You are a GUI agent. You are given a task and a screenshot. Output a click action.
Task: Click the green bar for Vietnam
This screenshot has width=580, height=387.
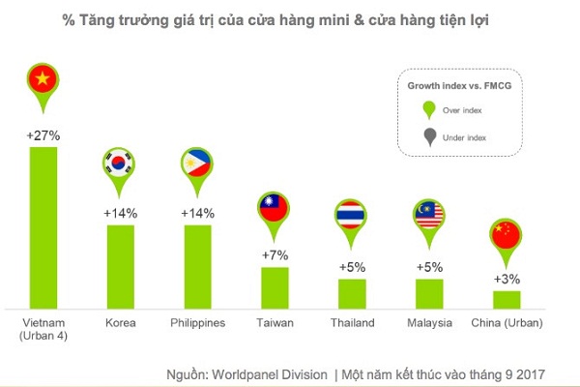tap(43, 227)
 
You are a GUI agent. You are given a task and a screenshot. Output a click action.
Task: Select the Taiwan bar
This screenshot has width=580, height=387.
tap(275, 287)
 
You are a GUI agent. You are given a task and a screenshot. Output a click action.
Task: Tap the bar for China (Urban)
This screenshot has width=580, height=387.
tap(507, 299)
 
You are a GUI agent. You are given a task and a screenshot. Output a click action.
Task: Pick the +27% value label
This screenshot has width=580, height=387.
tap(43, 136)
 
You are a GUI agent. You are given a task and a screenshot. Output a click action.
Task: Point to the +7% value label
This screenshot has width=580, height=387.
tap(275, 254)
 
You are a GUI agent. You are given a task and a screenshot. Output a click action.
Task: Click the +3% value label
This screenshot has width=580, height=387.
tap(507, 279)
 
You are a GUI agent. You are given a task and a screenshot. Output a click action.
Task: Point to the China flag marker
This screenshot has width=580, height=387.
tap(507, 236)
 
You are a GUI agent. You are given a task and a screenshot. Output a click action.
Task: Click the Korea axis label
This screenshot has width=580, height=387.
tap(120, 322)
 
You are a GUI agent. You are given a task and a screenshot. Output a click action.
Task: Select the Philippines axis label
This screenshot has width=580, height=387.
tap(197, 322)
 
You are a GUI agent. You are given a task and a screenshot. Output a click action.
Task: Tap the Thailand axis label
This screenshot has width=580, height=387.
tap(352, 322)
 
